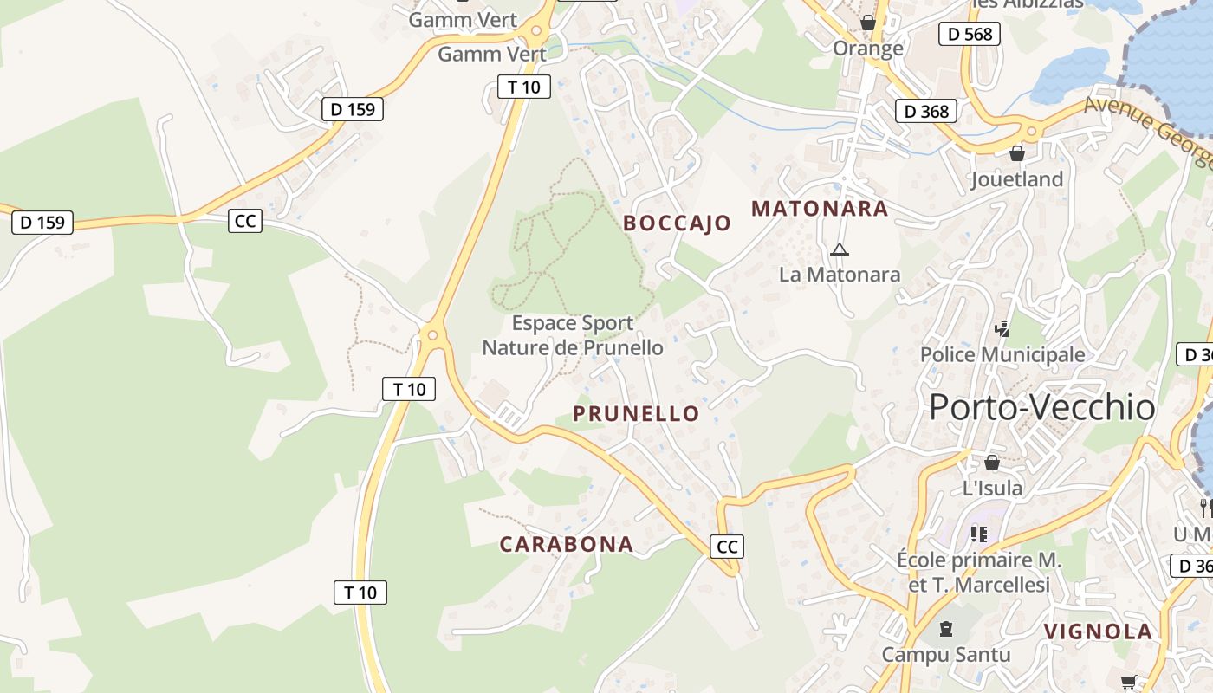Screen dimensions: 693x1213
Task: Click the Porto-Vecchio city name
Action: pyautogui.click(x=1041, y=407)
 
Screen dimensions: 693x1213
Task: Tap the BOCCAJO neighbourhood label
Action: pyautogui.click(x=677, y=223)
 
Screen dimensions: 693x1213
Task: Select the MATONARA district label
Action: pyautogui.click(x=820, y=209)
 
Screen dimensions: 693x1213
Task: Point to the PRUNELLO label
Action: pyautogui.click(x=636, y=414)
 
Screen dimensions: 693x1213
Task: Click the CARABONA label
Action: pyautogui.click(x=567, y=545)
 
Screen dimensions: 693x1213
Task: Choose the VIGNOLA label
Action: pyautogui.click(x=1098, y=631)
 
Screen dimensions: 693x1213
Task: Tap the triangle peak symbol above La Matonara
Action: pyautogui.click(x=838, y=251)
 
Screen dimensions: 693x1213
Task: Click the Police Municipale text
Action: pyautogui.click(x=1002, y=354)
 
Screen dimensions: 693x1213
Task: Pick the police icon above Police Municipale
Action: pyautogui.click(x=1002, y=328)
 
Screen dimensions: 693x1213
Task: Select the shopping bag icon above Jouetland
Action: pyautogui.click(x=1017, y=153)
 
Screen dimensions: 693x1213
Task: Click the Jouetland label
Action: pyautogui.click(x=1016, y=179)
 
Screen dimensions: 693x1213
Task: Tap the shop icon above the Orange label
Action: pyautogui.click(x=867, y=23)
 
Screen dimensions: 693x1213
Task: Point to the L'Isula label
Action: pyautogui.click(x=992, y=488)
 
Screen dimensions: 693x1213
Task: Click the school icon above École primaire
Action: pyautogui.click(x=979, y=534)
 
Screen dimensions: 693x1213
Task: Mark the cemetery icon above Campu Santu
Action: pyautogui.click(x=946, y=628)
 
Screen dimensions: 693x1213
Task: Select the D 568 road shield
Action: pyautogui.click(x=970, y=34)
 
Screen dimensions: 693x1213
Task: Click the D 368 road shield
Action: pyautogui.click(x=926, y=111)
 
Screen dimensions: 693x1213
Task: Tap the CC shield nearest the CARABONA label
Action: pyautogui.click(x=727, y=547)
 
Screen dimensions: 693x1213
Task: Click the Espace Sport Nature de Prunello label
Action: pyautogui.click(x=573, y=335)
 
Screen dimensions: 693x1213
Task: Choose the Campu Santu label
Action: pyautogui.click(x=946, y=654)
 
